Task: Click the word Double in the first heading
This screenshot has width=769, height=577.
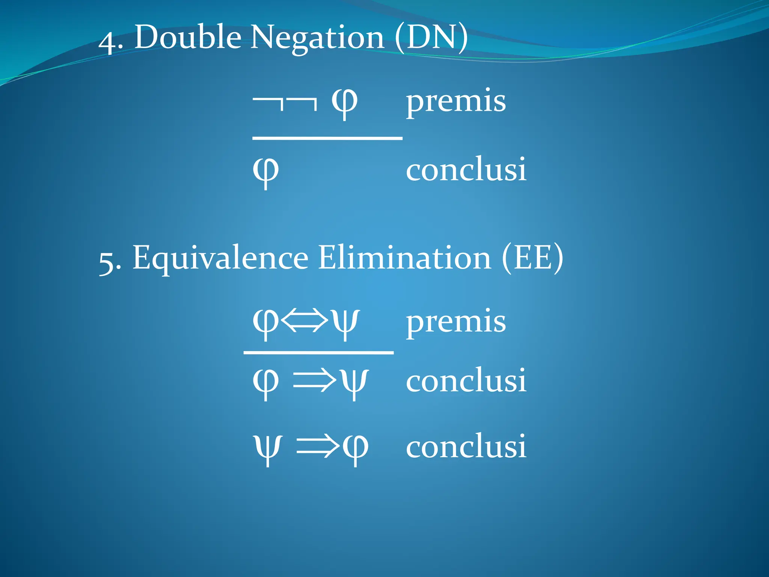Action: coord(188,38)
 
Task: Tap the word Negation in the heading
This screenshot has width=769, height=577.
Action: coord(317,38)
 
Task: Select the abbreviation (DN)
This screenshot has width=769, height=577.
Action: coord(431,38)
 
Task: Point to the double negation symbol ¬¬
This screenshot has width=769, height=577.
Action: coord(285,102)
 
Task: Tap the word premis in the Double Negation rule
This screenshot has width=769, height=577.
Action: coord(456,101)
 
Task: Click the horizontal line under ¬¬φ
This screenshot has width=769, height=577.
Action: coord(327,139)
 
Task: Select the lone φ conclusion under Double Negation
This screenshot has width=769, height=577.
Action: coord(266,172)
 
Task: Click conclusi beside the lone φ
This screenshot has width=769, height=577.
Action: coord(466,170)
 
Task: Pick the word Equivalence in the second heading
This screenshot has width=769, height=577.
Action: coord(220,258)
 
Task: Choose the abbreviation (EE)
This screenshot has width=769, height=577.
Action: coord(532,258)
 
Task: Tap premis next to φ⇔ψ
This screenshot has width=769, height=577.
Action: coord(456,322)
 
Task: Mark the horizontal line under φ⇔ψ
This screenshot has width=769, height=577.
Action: coord(318,353)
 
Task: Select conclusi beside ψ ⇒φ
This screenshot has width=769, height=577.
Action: coord(466,447)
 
